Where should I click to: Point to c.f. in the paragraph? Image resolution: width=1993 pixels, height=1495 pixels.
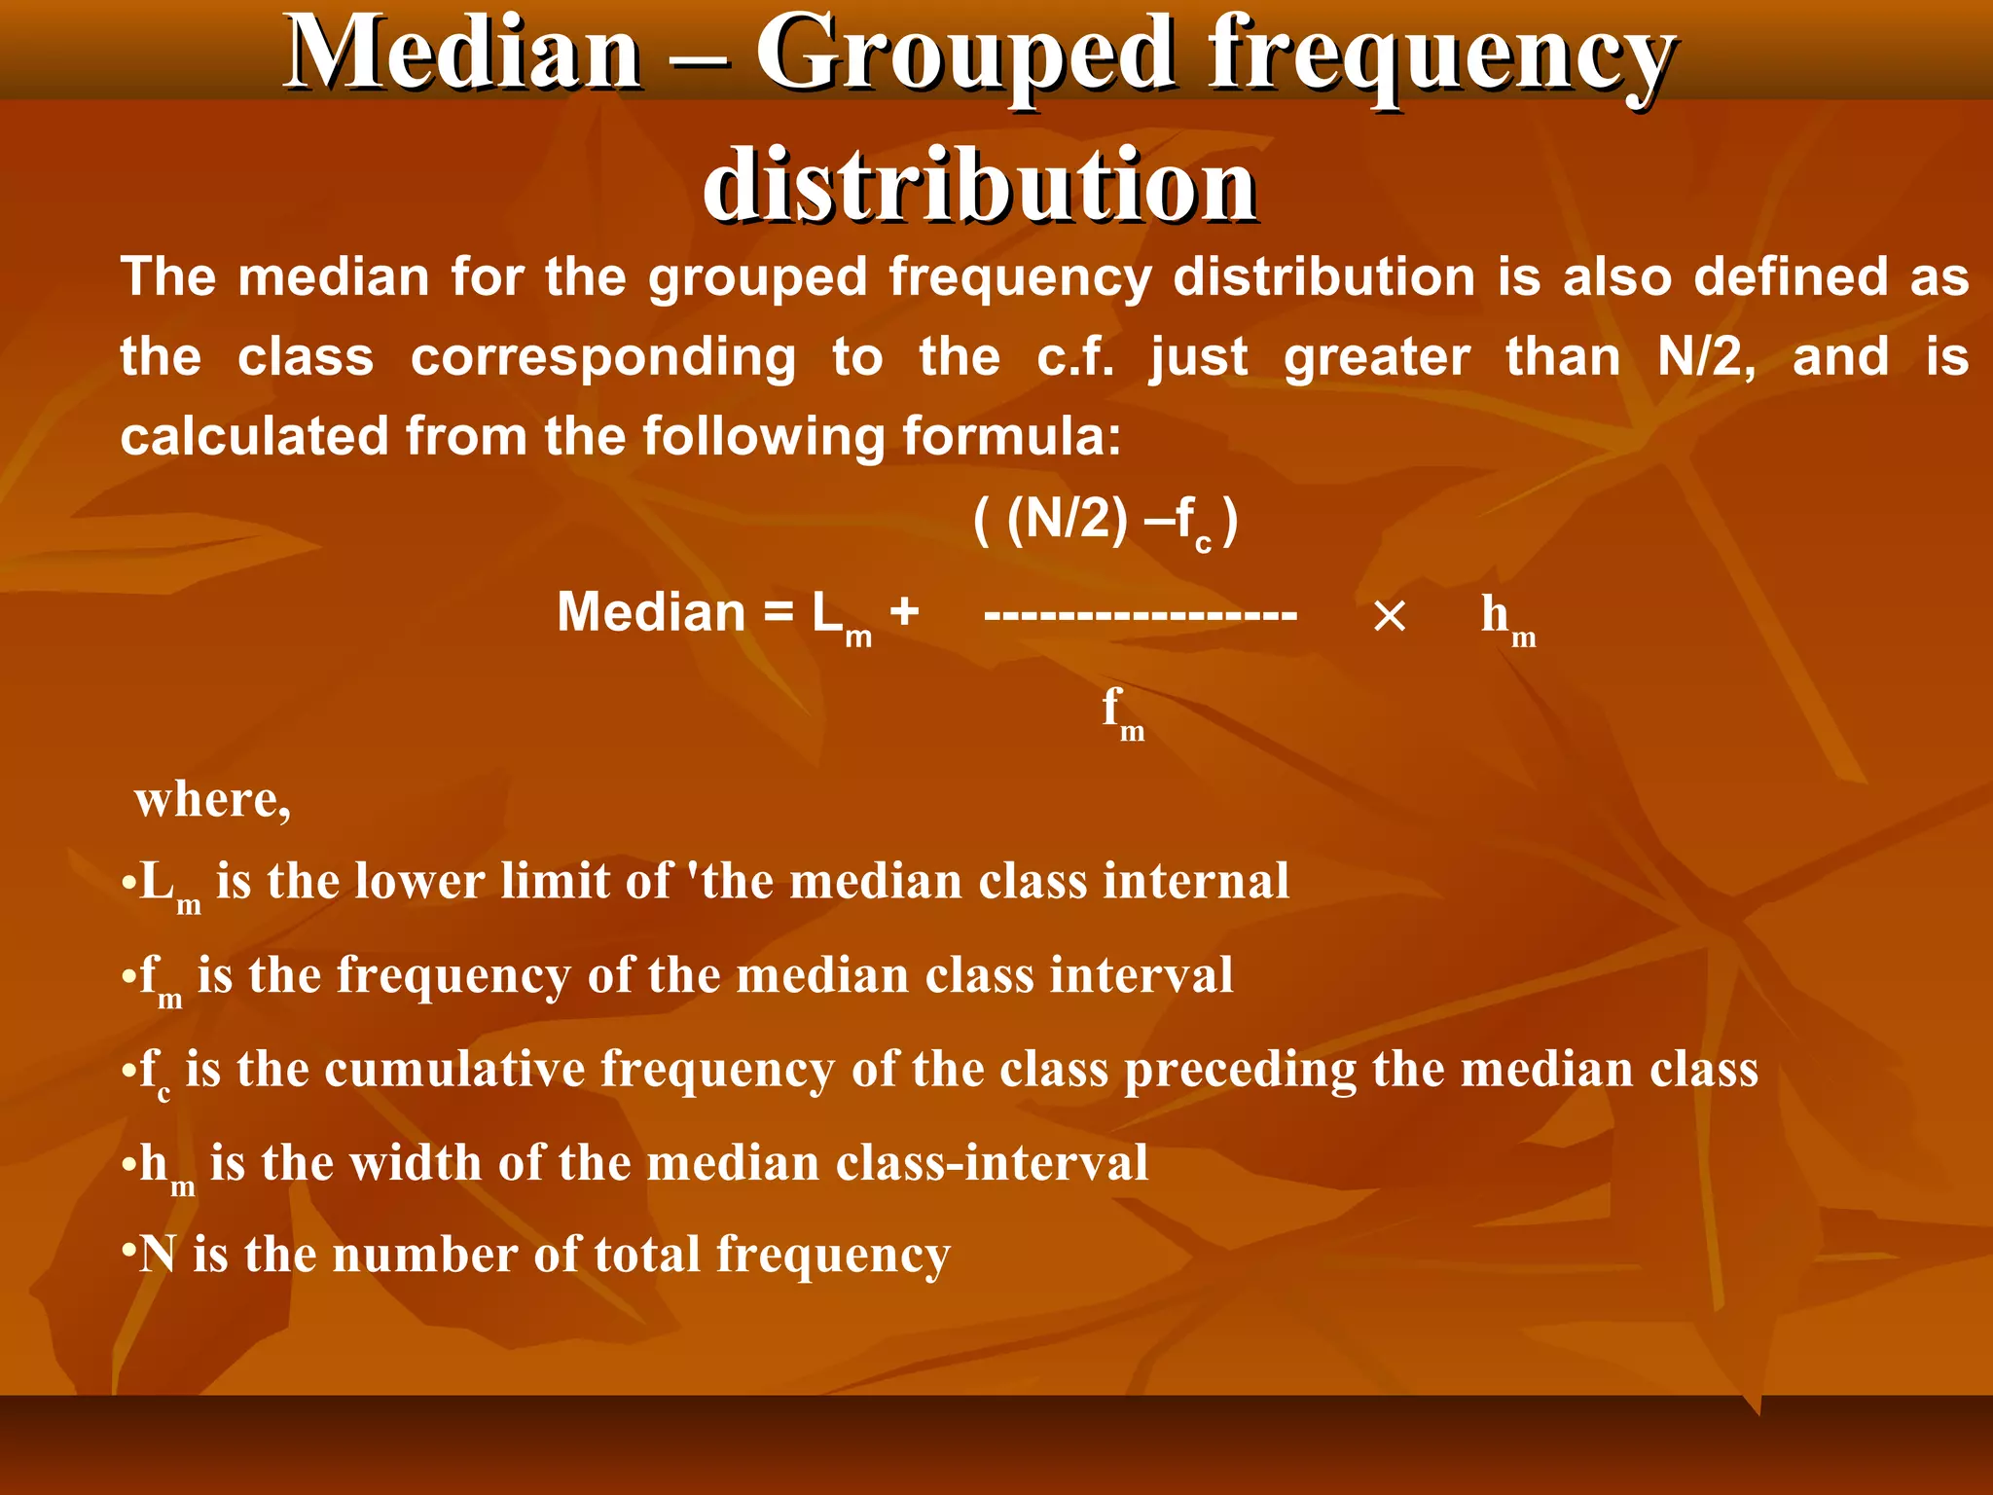[x=1075, y=357]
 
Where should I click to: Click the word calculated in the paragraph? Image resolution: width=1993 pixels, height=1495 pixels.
[x=252, y=436]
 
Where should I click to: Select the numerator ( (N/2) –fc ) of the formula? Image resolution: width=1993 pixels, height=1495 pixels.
[x=1105, y=523]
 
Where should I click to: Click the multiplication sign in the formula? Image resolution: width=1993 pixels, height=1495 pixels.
[x=1389, y=616]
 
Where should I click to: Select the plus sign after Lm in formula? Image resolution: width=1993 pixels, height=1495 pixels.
[x=904, y=612]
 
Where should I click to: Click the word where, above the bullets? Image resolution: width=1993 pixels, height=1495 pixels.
[x=213, y=800]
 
